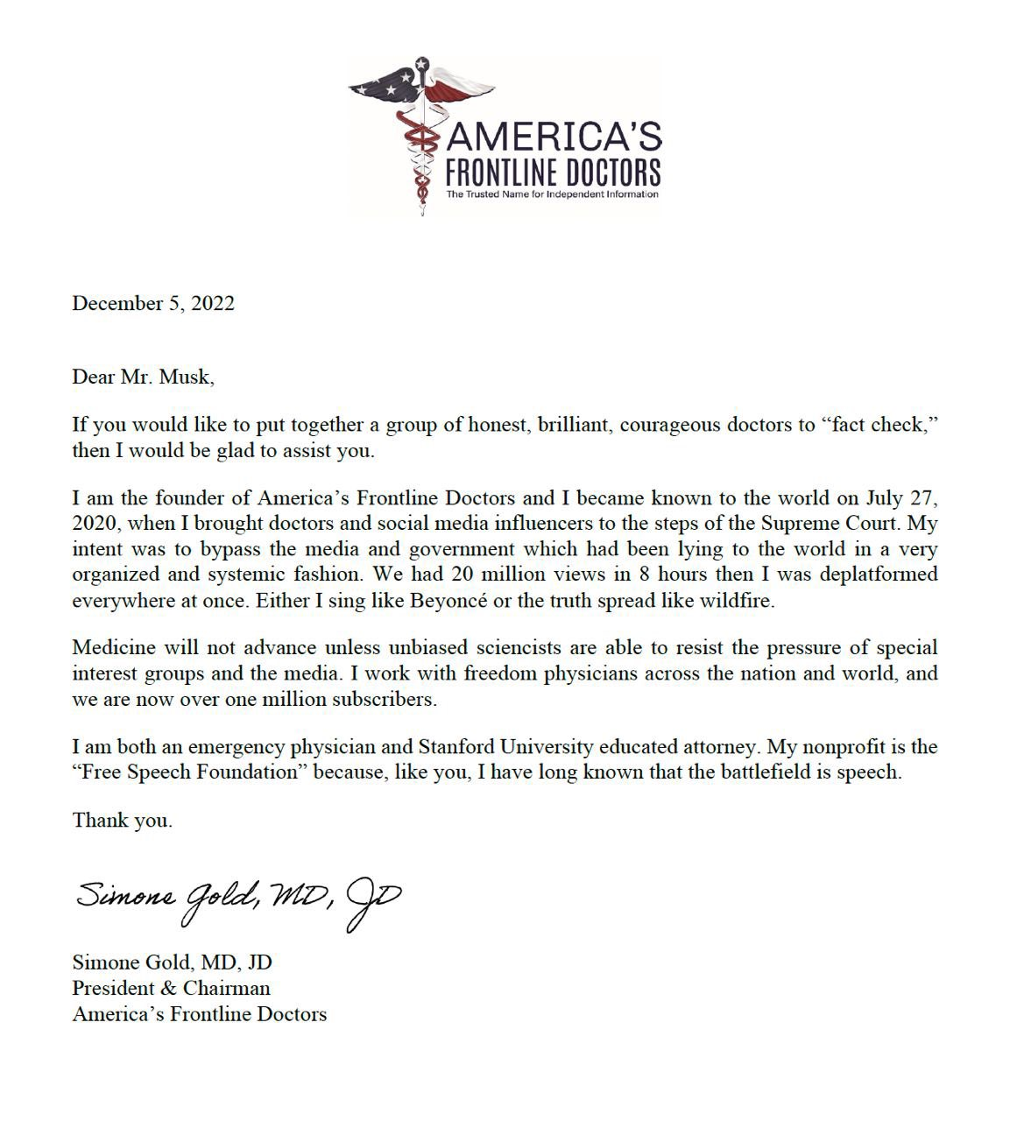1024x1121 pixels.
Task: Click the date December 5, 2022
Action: click(x=153, y=303)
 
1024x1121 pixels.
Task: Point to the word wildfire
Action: click(x=738, y=602)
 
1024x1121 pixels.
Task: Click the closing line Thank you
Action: click(x=122, y=821)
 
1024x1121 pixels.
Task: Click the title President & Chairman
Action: click(x=171, y=988)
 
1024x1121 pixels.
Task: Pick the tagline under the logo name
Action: click(x=552, y=194)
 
